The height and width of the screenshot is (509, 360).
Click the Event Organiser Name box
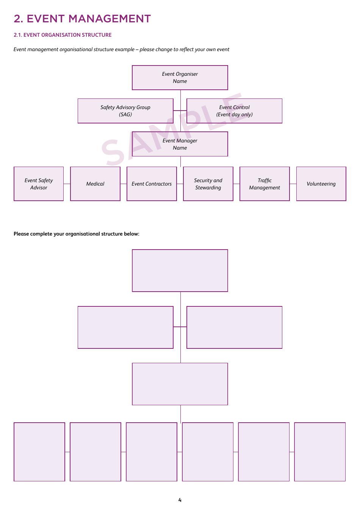click(x=180, y=78)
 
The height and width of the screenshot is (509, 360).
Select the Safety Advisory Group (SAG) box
click(x=125, y=111)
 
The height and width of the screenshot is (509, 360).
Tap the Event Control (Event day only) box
click(x=234, y=111)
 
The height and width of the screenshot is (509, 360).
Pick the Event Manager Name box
click(x=180, y=144)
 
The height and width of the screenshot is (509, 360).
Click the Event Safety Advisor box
click(x=39, y=184)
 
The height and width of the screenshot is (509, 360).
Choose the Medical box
click(x=95, y=184)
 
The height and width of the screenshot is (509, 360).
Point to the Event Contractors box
click(x=152, y=184)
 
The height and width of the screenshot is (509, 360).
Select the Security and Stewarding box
click(x=208, y=184)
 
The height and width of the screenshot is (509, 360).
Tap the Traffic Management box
click(x=265, y=184)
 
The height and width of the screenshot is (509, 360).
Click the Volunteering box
click(x=321, y=184)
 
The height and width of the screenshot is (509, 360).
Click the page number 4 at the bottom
click(x=180, y=500)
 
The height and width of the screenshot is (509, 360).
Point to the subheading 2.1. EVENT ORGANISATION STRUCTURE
click(x=63, y=35)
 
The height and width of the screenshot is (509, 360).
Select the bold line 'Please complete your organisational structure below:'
click(x=77, y=234)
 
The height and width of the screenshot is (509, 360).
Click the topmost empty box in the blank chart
click(x=180, y=270)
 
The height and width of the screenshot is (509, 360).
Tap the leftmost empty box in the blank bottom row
click(x=39, y=452)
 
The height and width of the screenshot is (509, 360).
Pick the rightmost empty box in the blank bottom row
click(x=320, y=452)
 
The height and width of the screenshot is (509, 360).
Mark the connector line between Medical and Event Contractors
click(x=124, y=184)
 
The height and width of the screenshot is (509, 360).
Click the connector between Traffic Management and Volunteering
click(x=293, y=184)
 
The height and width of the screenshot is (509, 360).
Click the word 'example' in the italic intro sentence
click(x=125, y=49)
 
